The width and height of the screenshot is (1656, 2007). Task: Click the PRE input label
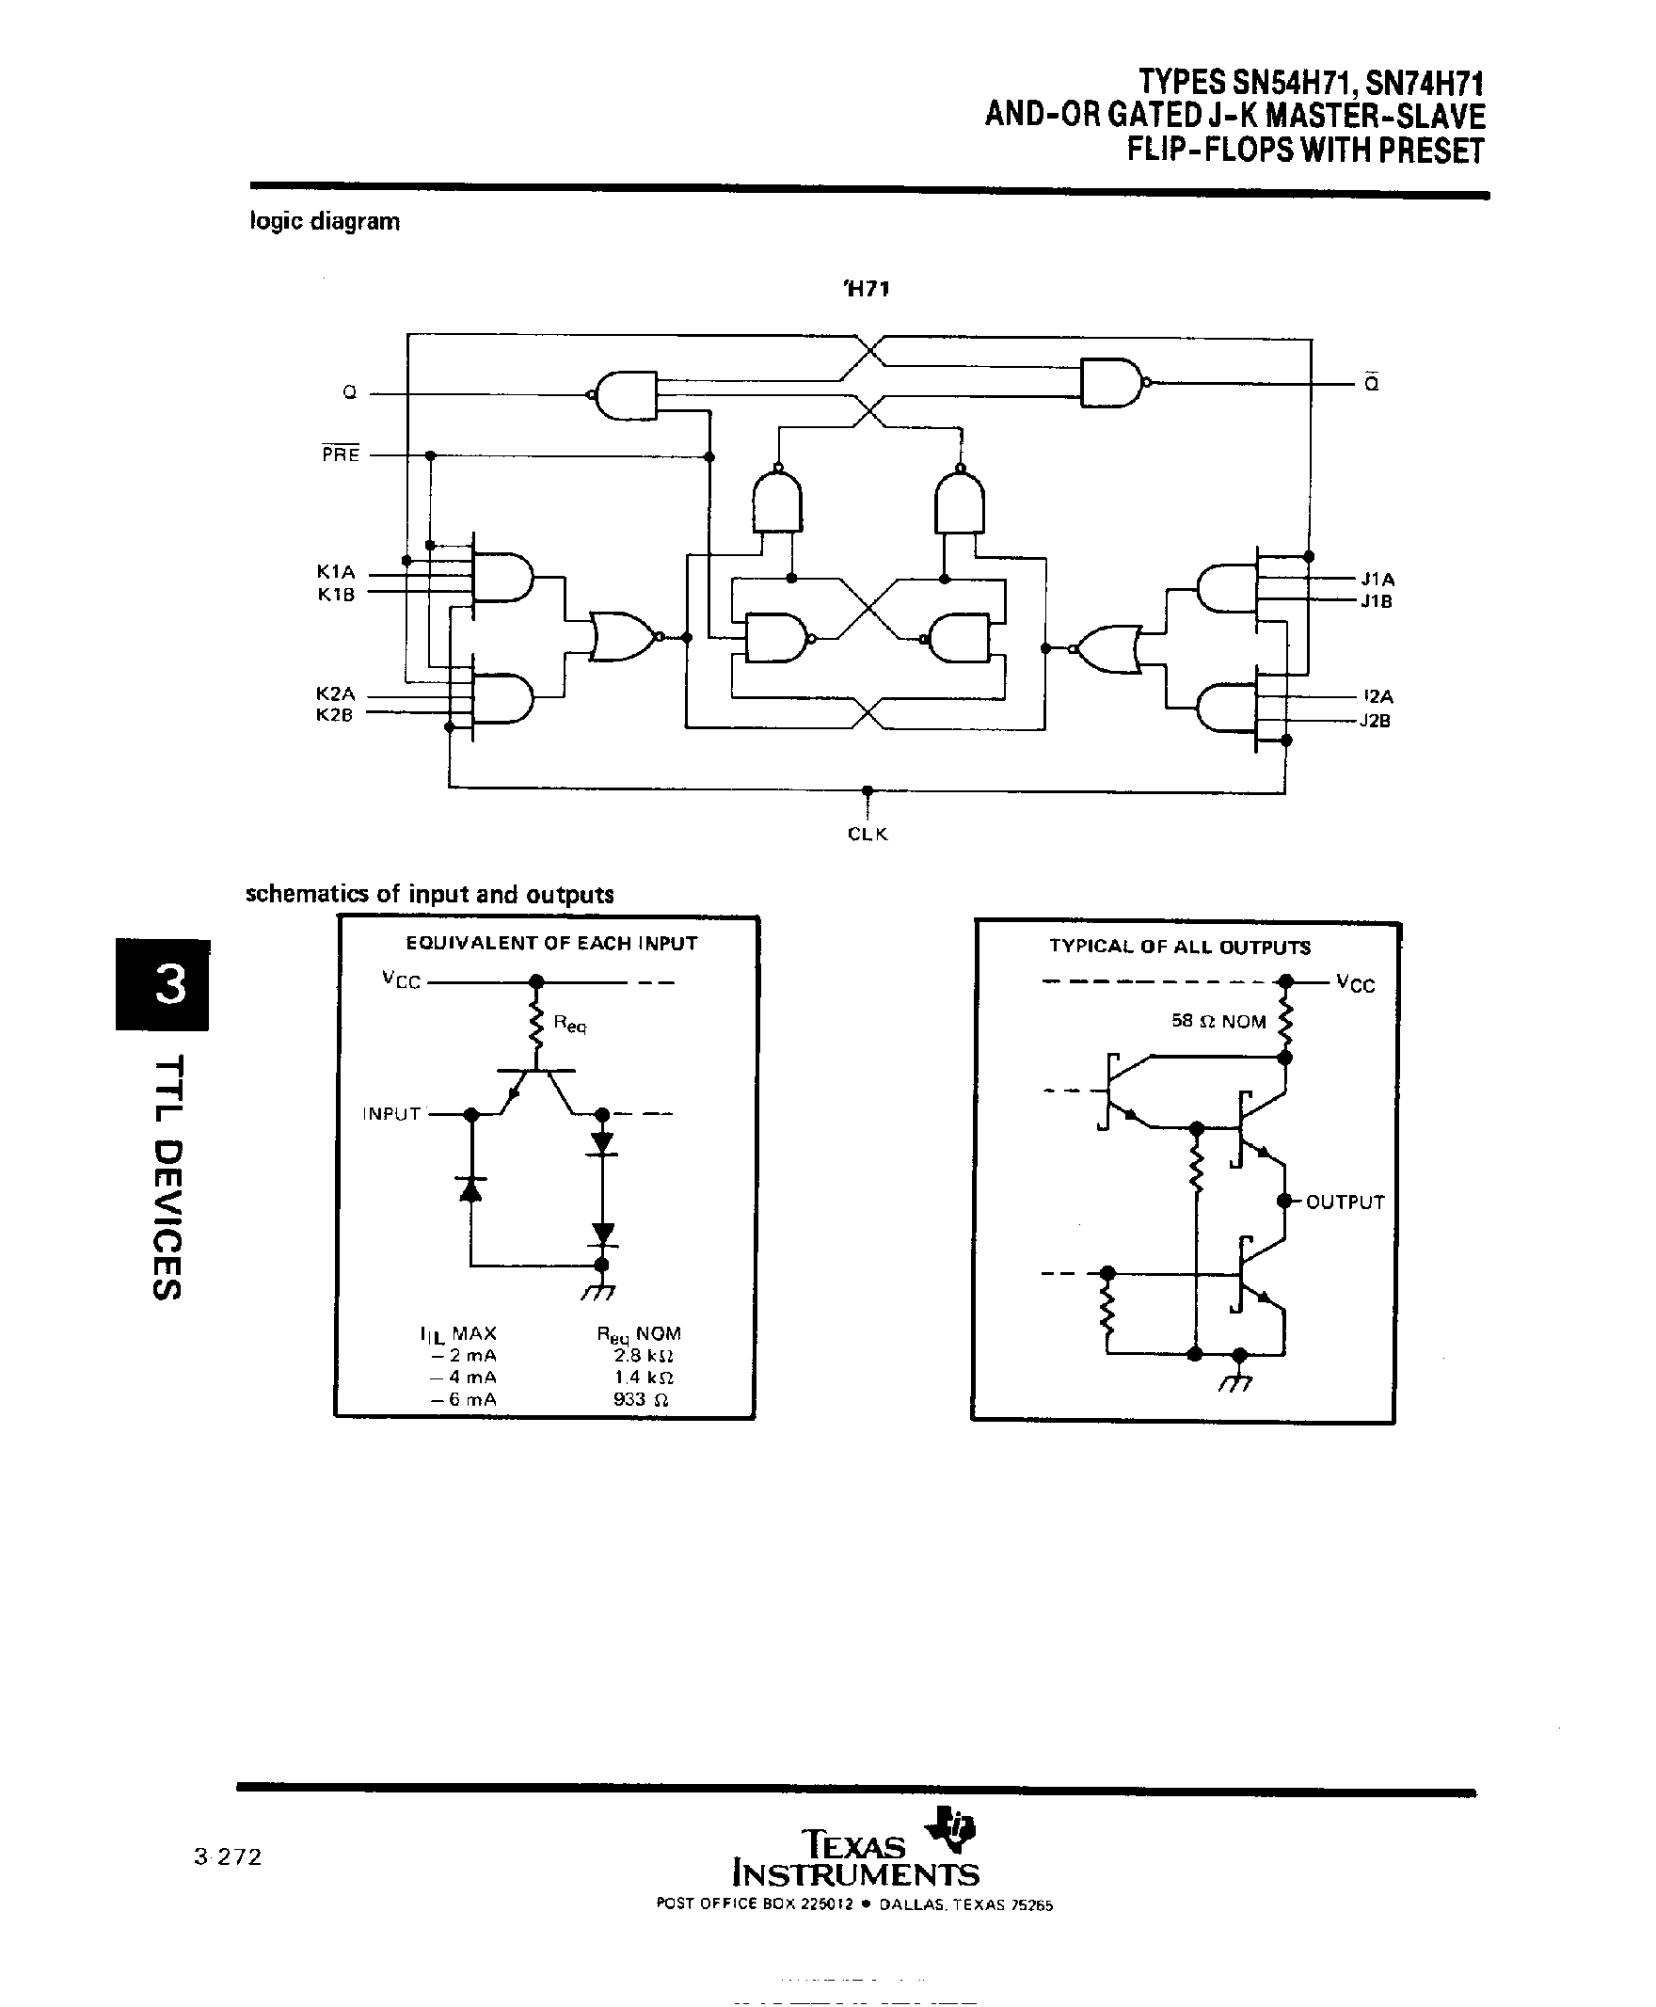tap(341, 455)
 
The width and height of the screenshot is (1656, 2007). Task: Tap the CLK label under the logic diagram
tap(868, 834)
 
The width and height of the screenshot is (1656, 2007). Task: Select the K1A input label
tap(336, 572)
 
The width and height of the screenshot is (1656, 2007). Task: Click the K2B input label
tap(335, 714)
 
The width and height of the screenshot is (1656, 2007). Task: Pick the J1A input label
tap(1377, 579)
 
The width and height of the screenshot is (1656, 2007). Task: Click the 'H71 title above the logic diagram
tap(867, 289)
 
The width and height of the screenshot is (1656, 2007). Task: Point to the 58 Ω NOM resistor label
tap(1218, 1022)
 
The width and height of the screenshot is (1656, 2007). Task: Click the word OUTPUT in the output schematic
tap(1344, 1202)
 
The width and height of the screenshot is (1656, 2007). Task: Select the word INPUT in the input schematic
tap(391, 1114)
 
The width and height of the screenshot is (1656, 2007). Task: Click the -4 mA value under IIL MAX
tap(463, 1378)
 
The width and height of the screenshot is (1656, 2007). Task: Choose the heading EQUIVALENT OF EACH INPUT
tap(551, 944)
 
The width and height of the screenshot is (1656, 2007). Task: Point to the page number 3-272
tap(227, 1856)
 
